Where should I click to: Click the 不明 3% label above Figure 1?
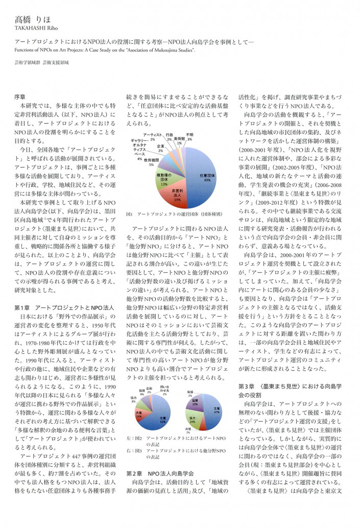[x=189, y=137]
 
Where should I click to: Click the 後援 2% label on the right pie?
[x=190, y=394]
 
